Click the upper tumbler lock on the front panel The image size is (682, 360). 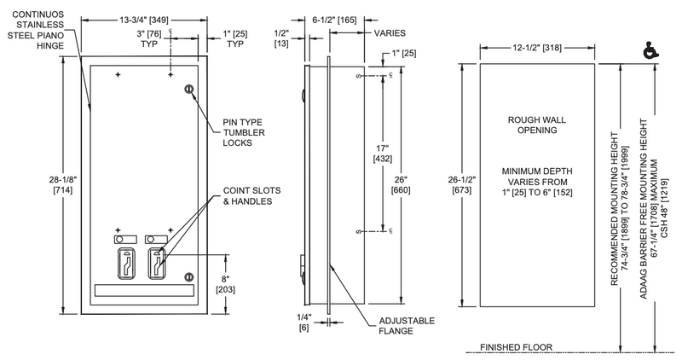[x=189, y=89]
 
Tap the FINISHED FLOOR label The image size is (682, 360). [x=516, y=347]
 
